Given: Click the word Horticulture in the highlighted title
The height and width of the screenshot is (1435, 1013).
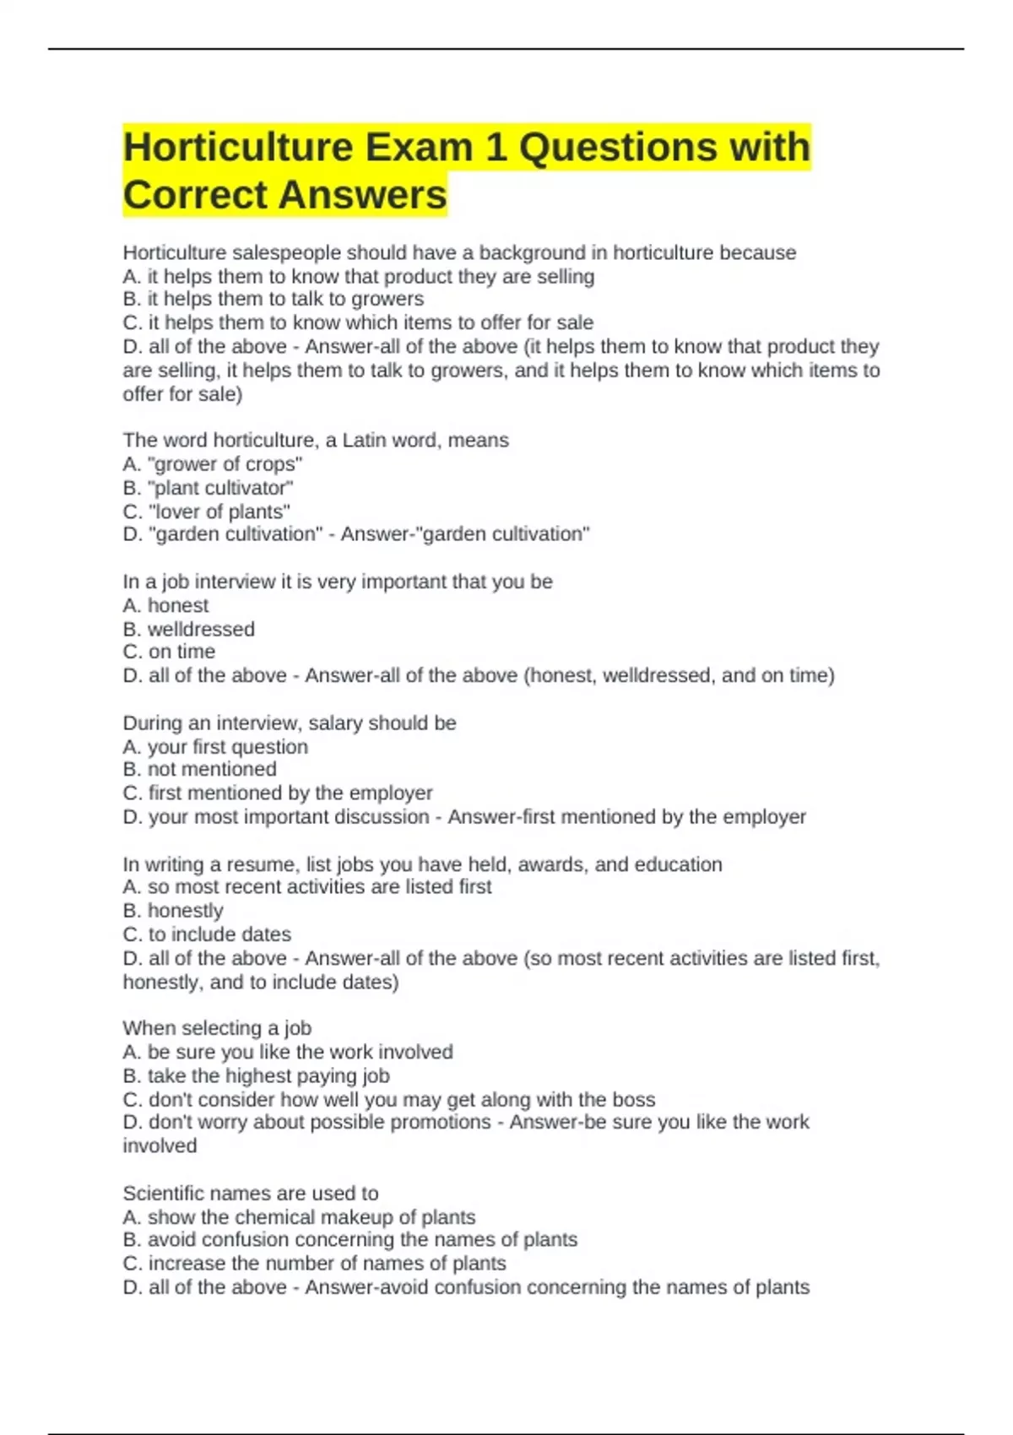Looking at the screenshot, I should tap(237, 148).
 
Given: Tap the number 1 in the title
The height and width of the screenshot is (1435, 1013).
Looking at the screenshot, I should tap(496, 148).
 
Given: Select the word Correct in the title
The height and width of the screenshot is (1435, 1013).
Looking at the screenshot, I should tap(195, 195).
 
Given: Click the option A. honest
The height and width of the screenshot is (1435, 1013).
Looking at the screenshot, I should tap(165, 605).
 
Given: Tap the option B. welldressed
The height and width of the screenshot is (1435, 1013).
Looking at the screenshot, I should tap(188, 629).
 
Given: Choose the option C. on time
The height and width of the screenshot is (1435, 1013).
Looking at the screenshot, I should tap(169, 652).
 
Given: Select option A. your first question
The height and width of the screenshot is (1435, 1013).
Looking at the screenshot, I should tap(215, 747).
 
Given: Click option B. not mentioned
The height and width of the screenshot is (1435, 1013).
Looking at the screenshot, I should tap(199, 769).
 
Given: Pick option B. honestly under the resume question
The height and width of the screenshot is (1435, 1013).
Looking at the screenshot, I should tap(173, 911).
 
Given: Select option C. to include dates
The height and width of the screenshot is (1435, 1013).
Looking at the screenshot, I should tap(207, 934).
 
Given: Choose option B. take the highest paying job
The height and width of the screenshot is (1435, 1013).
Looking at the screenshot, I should tap(256, 1075).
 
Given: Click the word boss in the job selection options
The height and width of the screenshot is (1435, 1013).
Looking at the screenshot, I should tap(634, 1099).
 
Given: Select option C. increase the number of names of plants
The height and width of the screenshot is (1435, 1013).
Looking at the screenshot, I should tap(314, 1264).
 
